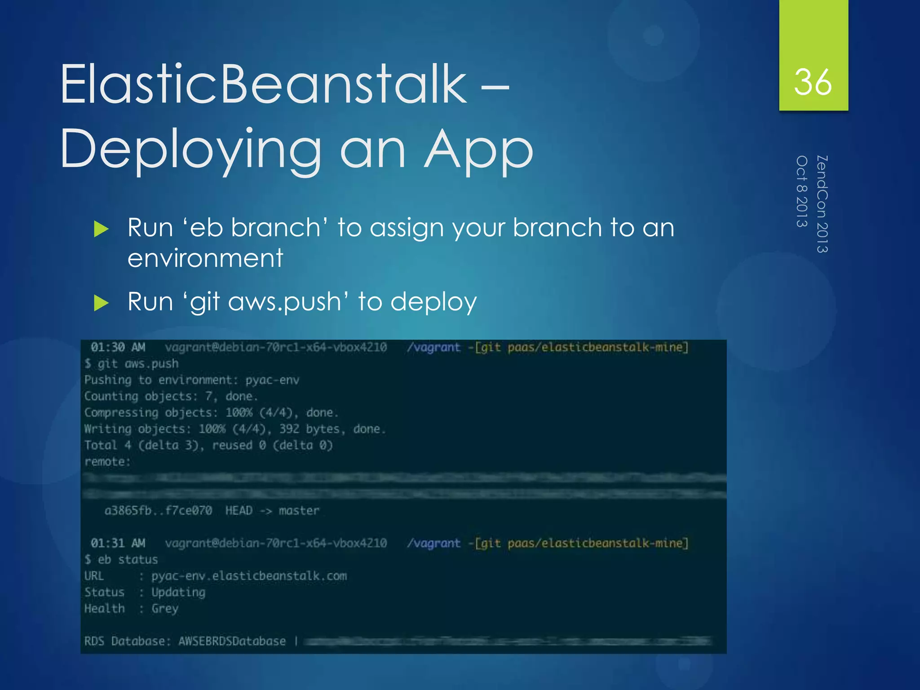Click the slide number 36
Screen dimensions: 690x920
813,83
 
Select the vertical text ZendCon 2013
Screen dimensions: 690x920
822,204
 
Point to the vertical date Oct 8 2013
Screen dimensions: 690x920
802,191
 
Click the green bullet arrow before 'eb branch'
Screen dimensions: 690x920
102,230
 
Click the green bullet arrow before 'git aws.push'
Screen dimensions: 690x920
102,303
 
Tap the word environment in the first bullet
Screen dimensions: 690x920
205,258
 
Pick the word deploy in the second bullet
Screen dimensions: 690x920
433,302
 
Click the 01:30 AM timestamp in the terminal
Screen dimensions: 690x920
118,347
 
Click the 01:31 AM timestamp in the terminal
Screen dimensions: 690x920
118,543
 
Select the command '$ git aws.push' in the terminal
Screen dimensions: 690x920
132,363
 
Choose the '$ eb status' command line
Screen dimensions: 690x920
121,560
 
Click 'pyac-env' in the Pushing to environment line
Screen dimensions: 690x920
272,380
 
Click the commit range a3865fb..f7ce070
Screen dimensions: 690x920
158,511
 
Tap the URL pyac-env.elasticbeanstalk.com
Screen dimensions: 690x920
249,576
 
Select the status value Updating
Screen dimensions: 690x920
178,593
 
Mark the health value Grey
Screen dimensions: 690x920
165,609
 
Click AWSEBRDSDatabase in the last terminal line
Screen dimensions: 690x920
232,641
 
